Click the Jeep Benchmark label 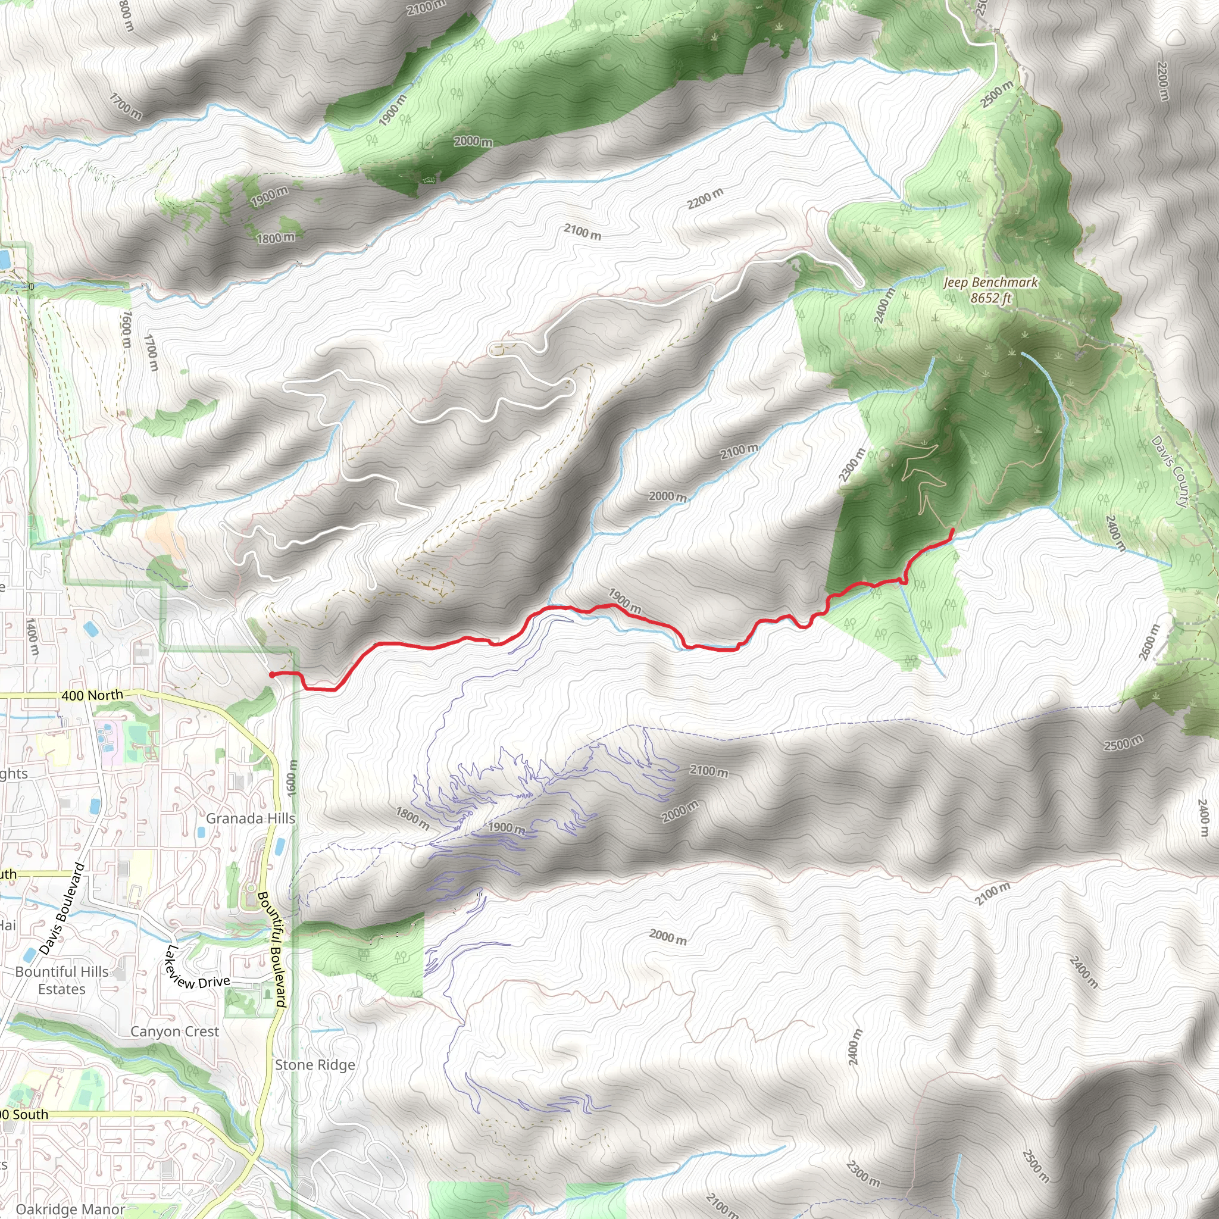990,283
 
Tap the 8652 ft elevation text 990,298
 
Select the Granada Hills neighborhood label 251,818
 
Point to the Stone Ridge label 315,1065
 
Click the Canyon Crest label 175,1032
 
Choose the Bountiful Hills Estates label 62,980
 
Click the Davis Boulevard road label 62,908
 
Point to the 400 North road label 92,695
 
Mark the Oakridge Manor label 71,1209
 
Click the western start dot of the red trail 272,674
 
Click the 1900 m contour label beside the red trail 624,601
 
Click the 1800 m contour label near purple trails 412,818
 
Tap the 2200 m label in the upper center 705,198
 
